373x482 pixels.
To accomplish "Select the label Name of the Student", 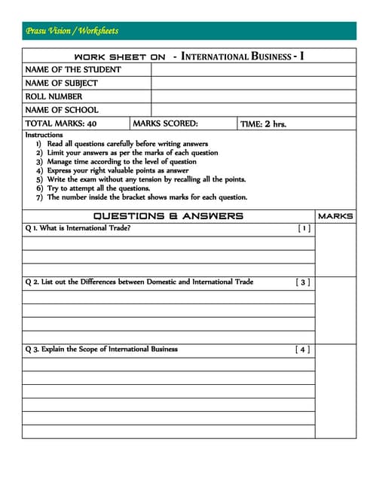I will (73, 69).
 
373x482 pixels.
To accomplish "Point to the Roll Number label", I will (54, 96).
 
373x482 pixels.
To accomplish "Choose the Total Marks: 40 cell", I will (60, 124).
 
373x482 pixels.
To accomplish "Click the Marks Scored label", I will (165, 124).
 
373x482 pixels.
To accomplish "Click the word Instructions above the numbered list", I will (44, 135).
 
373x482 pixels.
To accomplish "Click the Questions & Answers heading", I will (168, 216).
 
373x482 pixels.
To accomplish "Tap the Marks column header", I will (335, 216).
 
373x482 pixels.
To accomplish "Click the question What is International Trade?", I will (77, 227).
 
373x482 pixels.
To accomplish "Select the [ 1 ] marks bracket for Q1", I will (303, 227).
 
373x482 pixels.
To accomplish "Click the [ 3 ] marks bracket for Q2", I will (302, 282).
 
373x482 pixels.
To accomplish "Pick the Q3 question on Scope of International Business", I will (101, 349).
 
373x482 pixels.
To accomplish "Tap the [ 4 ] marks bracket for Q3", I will (302, 349).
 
